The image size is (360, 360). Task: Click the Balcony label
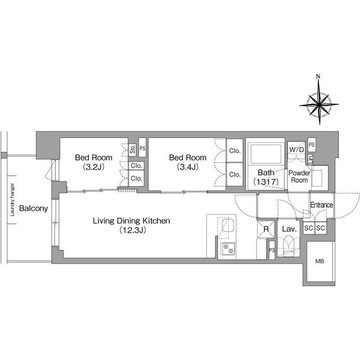[34, 208]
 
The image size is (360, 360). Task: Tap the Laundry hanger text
[12, 200]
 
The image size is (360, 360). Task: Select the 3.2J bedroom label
[94, 162]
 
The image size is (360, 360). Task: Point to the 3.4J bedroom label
[188, 162]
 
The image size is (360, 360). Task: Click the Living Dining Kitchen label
[132, 225]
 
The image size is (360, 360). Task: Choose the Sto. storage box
[133, 149]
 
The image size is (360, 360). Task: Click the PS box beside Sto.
[142, 147]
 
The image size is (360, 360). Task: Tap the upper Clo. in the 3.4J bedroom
[235, 150]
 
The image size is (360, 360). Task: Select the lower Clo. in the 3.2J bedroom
[136, 178]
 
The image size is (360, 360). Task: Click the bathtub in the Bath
[266, 154]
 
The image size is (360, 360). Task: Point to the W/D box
[296, 150]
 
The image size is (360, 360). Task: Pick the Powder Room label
[299, 176]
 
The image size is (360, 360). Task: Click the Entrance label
[322, 205]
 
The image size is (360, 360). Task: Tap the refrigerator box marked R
[266, 229]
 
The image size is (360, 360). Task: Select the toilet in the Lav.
[289, 246]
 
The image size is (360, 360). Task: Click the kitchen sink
[228, 226]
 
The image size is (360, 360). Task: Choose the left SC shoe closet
[309, 228]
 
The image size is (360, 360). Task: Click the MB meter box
[319, 261]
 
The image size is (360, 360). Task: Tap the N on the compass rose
[318, 76]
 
